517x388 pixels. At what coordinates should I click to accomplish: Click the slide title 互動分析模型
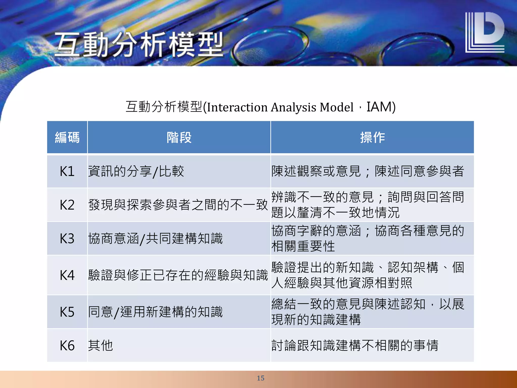[x=139, y=44]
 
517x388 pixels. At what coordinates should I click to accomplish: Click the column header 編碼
[x=67, y=137]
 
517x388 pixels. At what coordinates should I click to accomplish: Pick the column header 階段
[x=179, y=137]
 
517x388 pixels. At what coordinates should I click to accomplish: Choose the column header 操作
[x=372, y=137]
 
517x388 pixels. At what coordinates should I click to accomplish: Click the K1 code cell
[x=67, y=171]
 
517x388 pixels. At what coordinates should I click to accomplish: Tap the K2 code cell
[x=67, y=205]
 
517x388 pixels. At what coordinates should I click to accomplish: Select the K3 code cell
[x=67, y=238]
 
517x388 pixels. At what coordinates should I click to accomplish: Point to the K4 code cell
[x=67, y=275]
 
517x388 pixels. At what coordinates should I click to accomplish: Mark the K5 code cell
[x=67, y=312]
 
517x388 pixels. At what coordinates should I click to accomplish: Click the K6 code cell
[x=67, y=346]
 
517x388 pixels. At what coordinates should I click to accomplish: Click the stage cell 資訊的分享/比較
[x=136, y=171]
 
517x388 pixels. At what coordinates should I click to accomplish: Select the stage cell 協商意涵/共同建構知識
[x=155, y=238]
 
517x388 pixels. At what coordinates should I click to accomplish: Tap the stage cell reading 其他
[x=100, y=346]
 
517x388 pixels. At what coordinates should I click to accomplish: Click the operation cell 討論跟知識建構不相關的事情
[x=355, y=346]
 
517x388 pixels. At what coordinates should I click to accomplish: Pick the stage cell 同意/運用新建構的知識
[x=155, y=312]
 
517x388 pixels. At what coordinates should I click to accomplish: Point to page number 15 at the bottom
[x=261, y=378]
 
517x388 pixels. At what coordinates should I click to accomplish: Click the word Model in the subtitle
[x=336, y=107]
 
